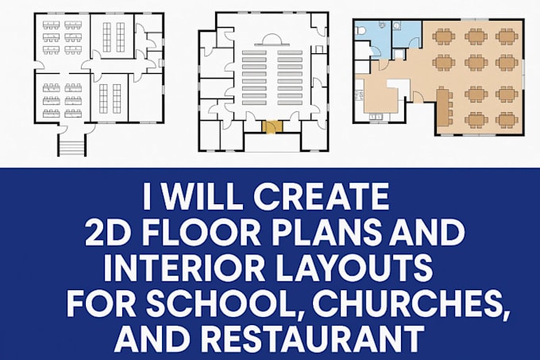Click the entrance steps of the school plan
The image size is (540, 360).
(x=71, y=145)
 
